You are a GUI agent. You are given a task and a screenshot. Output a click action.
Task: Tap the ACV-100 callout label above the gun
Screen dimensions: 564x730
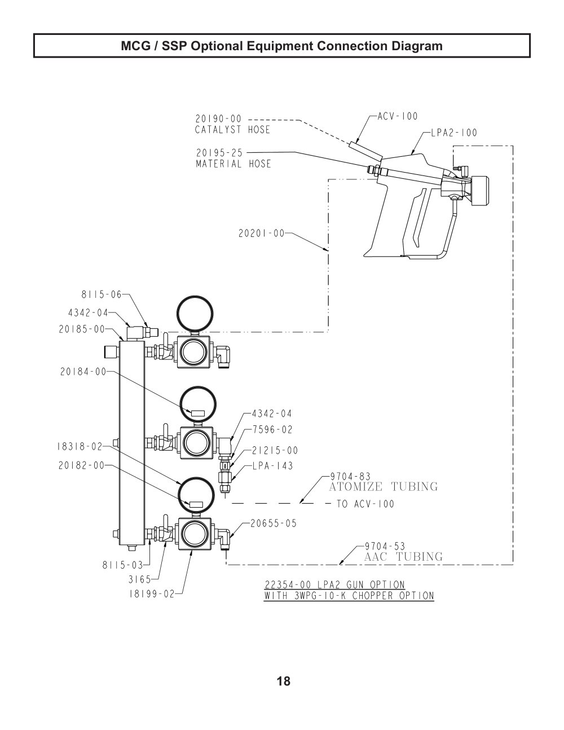(398, 116)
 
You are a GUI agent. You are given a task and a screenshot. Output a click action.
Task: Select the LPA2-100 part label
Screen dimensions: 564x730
(454, 133)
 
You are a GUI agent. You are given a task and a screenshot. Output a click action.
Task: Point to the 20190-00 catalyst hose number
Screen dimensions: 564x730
(219, 119)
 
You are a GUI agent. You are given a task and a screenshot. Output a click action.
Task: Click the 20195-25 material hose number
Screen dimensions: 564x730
(219, 153)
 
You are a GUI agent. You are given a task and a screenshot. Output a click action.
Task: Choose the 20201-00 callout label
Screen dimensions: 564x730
(262, 233)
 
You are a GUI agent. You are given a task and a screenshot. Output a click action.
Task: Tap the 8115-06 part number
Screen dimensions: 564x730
(102, 294)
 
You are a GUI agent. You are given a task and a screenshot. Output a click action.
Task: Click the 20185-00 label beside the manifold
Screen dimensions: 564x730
(82, 329)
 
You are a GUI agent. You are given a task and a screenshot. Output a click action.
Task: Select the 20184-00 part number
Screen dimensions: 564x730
(83, 372)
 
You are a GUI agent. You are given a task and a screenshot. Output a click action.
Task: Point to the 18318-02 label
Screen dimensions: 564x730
(80, 446)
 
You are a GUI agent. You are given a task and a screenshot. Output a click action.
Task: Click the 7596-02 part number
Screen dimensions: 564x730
(272, 430)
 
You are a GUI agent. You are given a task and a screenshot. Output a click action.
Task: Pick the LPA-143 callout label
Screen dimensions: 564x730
(273, 466)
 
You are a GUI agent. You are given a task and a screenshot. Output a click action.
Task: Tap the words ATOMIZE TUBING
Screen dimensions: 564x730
(384, 487)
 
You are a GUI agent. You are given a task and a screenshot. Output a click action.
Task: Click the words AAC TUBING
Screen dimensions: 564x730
(403, 557)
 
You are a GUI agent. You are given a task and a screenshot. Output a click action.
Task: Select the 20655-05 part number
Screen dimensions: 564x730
(274, 524)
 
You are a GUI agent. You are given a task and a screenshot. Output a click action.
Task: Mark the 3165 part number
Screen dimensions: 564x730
(139, 579)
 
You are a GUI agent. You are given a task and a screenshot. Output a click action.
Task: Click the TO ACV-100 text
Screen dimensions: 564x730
(365, 504)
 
